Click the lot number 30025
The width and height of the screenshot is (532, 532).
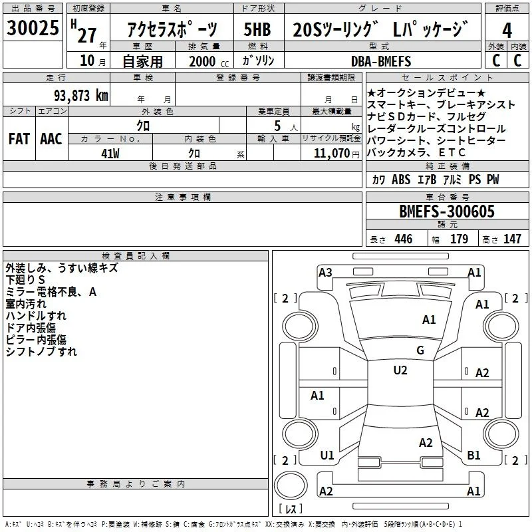coord(33,28)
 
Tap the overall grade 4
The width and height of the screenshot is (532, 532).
coord(507,31)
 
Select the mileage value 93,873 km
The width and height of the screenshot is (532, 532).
coord(81,96)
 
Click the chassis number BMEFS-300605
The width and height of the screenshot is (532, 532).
coord(447,211)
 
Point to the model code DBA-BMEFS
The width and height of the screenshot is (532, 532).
coord(381,61)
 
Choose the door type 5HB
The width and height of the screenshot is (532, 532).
coord(257,29)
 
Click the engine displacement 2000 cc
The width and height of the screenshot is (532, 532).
coord(209,61)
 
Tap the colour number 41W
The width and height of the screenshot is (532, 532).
coord(110,154)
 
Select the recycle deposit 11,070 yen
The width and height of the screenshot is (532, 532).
coord(336,154)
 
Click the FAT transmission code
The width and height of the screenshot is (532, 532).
coord(19,139)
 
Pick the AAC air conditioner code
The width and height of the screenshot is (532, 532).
coord(51,139)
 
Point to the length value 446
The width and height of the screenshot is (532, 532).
coord(403,239)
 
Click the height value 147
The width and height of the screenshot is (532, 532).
coord(512,239)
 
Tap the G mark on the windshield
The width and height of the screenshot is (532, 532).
coord(420,350)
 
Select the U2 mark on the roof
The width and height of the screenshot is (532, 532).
coord(400,370)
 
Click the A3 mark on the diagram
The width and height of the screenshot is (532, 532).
coord(325,273)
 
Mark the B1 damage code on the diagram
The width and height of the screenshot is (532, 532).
coord(473,456)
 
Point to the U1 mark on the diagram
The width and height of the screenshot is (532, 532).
coord(327,456)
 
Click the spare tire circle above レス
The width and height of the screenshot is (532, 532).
coord(291,485)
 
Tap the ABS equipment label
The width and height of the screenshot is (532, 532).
coord(401,180)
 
